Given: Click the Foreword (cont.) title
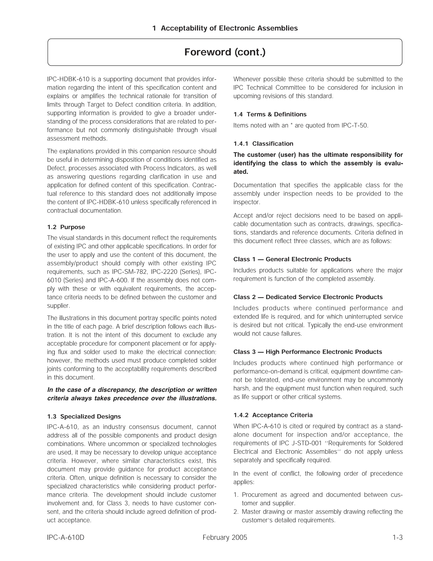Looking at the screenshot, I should pyautogui.click(x=225, y=52).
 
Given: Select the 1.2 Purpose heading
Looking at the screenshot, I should pyautogui.click(x=66, y=227).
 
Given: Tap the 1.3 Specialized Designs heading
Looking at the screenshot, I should pyautogui.click(x=84, y=416).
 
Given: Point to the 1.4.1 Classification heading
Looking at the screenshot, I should pyautogui.click(x=263, y=144).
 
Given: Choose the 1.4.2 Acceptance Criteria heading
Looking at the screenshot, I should pyautogui.click(x=273, y=415).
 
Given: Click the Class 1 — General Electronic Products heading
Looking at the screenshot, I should pyautogui.click(x=292, y=259).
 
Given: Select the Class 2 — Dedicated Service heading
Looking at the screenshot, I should pyautogui.click(x=308, y=297).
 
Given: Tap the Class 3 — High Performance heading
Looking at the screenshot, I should pyautogui.click(x=307, y=352).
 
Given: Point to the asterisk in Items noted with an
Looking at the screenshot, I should pyautogui.click(x=291, y=125).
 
